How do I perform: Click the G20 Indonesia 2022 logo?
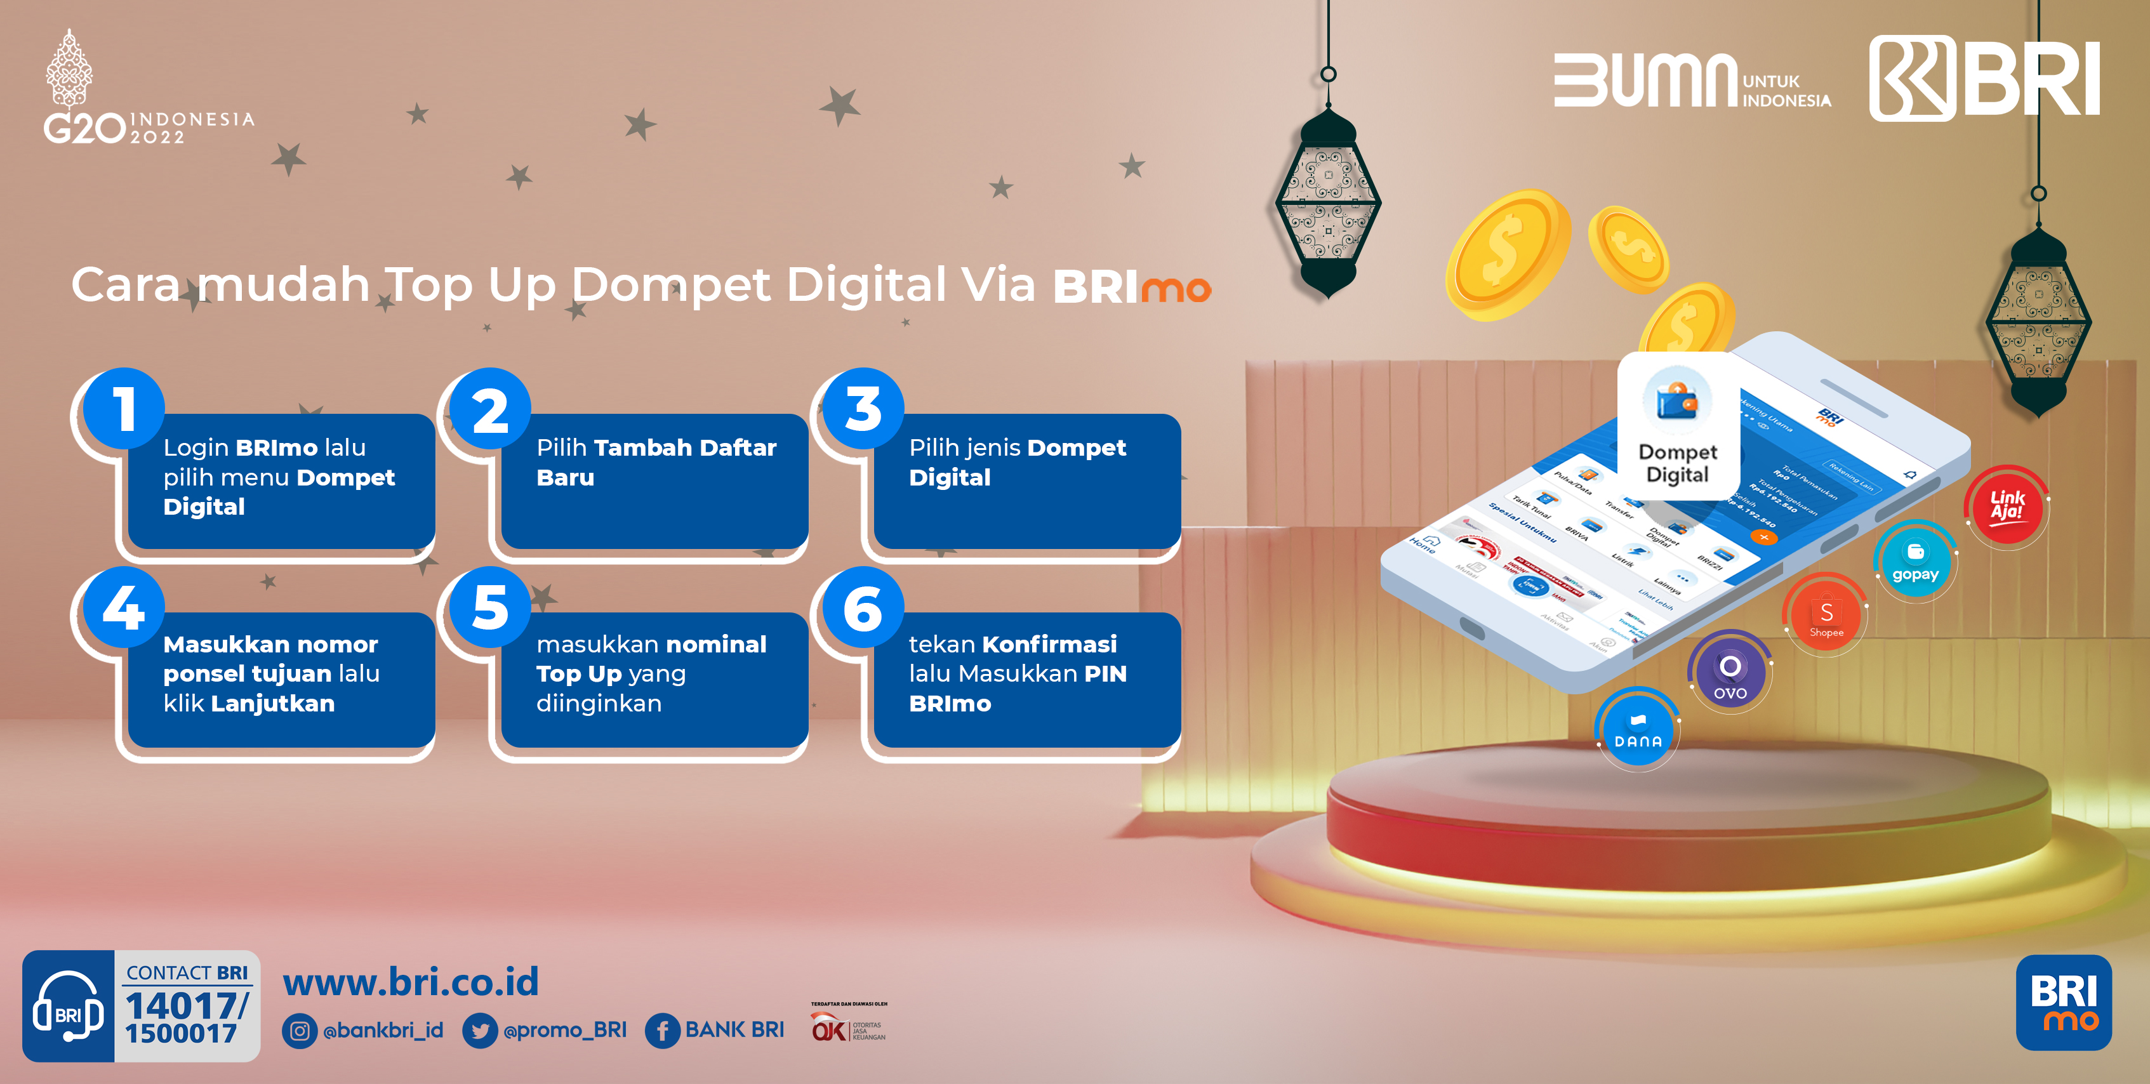tap(146, 92)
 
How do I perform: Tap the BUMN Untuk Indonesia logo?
tap(1691, 81)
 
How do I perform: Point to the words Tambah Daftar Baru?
tap(656, 462)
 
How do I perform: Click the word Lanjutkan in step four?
tap(273, 703)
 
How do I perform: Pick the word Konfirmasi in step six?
tap(1049, 644)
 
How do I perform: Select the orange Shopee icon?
tap(1826, 616)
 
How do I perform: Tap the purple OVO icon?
tap(1730, 673)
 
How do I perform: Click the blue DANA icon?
tap(1638, 729)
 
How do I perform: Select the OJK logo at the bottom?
tap(848, 1026)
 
